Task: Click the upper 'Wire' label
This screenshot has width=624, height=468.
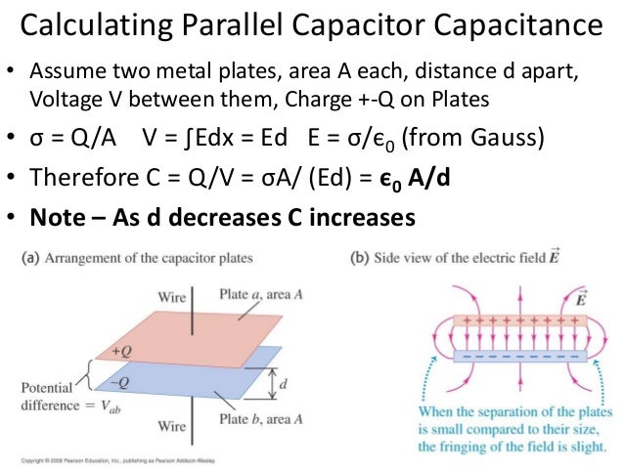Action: [173, 296]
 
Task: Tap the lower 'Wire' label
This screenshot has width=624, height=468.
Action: [173, 426]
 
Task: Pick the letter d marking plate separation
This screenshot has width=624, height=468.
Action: [284, 384]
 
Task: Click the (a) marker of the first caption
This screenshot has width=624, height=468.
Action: [30, 259]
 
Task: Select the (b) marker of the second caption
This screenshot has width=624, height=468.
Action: [357, 259]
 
